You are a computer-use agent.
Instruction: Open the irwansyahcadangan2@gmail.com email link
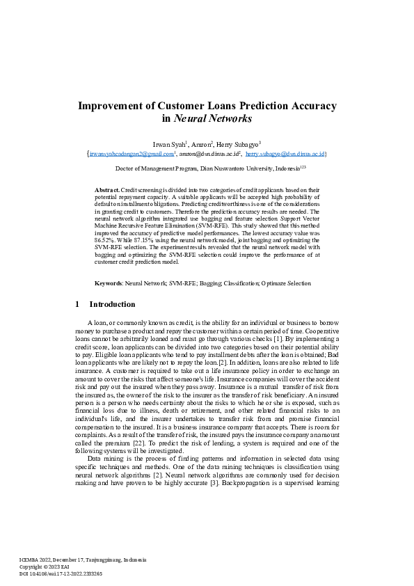click(131, 153)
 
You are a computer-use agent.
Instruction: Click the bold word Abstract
click(107, 189)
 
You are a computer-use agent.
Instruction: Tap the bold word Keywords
click(108, 283)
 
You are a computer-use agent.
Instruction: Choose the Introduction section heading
click(112, 305)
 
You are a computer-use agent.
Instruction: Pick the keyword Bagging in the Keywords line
click(210, 283)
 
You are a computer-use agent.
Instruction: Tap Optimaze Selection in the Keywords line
click(286, 283)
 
